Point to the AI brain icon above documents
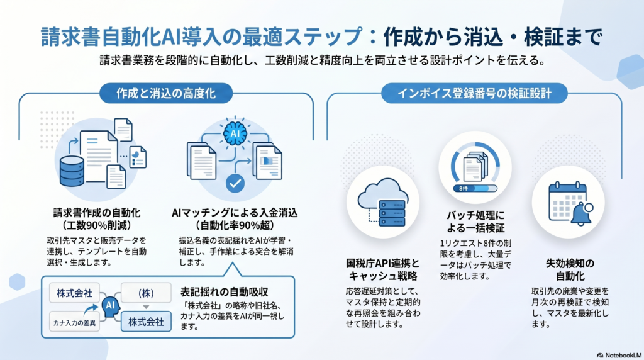point(234,134)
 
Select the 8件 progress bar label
point(463,188)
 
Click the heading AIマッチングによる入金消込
point(235,213)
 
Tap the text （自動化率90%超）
point(235,225)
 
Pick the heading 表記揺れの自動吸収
point(225,292)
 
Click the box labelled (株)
point(146,293)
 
